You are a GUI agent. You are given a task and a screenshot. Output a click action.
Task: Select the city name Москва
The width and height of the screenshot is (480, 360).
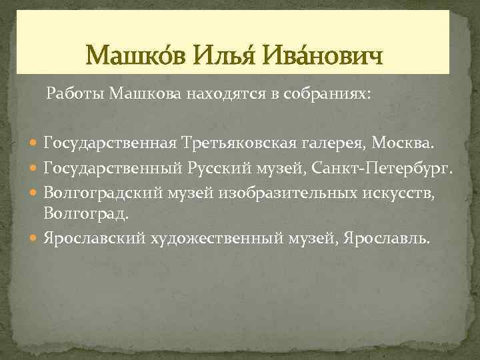coord(402,143)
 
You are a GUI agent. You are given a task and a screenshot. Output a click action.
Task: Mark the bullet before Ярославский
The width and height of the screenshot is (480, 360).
coord(35,238)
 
